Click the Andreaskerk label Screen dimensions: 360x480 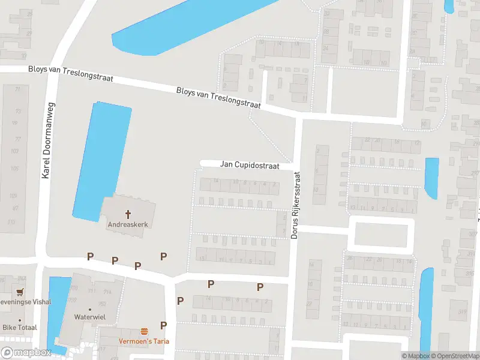127,225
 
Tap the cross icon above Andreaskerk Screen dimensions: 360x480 128,214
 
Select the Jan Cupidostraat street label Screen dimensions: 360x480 250,164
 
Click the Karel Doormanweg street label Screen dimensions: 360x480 44,139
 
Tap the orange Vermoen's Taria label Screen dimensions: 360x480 143,341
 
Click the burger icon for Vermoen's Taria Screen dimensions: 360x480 144,331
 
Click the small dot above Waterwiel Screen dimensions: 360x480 90,308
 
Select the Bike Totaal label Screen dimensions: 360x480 19,328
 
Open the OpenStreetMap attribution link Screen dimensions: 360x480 454,356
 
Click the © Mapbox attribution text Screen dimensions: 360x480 416,356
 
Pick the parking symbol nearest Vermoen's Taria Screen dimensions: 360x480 163,326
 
